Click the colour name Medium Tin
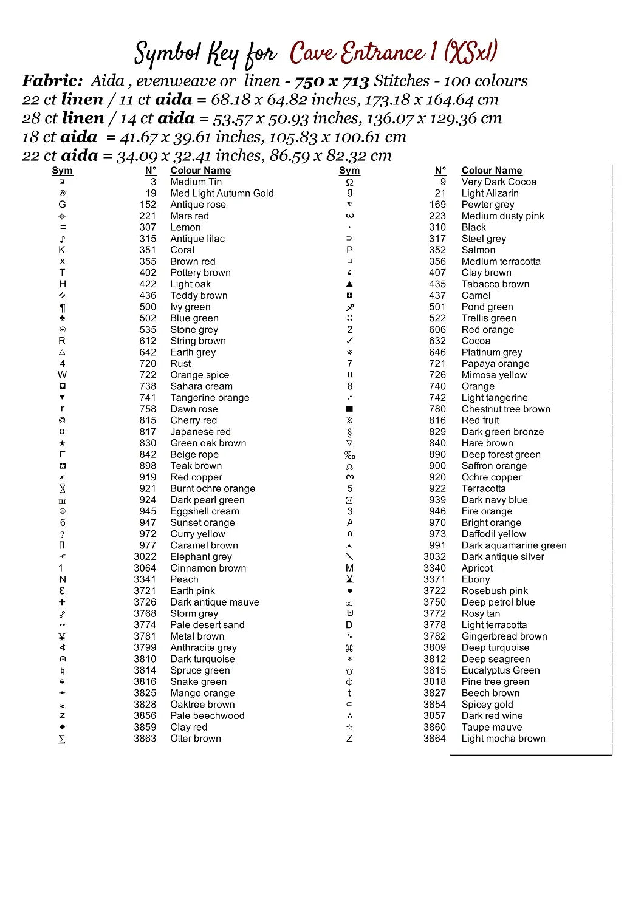(196, 182)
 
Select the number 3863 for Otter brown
(145, 739)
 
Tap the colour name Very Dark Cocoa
(499, 182)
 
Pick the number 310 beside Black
(437, 227)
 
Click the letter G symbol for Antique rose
(62, 205)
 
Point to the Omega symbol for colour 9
(349, 182)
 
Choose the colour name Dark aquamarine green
(513, 545)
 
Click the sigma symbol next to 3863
(62, 739)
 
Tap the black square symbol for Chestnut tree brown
(349, 409)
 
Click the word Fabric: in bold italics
(52, 81)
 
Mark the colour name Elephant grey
(200, 557)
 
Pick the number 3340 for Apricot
(434, 568)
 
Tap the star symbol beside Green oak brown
(62, 443)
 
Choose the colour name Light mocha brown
(503, 739)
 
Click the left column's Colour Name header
(200, 171)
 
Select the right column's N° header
(440, 171)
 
